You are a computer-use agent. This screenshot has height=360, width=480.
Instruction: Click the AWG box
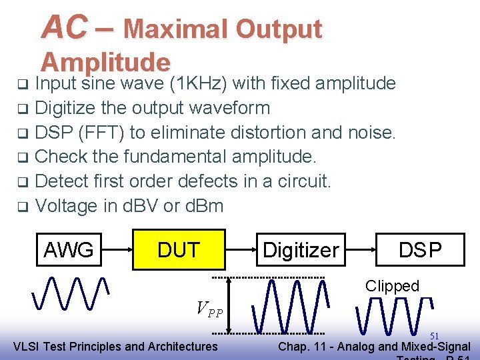click(69, 250)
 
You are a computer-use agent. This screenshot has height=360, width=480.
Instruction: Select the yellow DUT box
click(179, 249)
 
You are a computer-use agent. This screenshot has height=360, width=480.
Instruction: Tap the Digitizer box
click(301, 250)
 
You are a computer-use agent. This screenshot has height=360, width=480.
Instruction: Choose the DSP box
click(420, 249)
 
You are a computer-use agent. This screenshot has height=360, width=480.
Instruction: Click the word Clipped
click(392, 286)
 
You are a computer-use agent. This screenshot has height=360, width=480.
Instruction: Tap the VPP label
click(209, 309)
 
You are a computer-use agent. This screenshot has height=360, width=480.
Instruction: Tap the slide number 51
click(434, 335)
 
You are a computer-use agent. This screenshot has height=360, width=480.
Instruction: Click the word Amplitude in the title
click(105, 62)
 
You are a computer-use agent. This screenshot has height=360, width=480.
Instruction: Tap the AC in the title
click(64, 27)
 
